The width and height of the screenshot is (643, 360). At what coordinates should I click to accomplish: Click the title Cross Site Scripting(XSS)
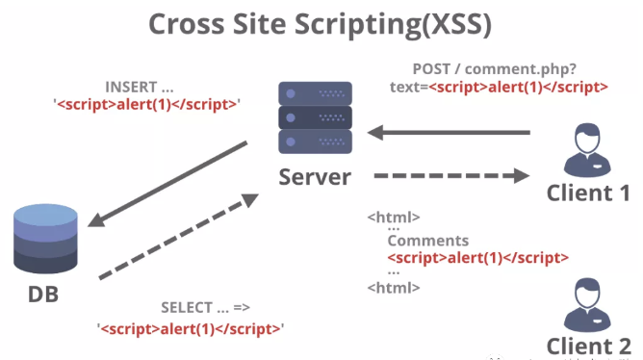tap(321, 27)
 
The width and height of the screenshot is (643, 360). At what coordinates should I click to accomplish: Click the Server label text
tap(314, 177)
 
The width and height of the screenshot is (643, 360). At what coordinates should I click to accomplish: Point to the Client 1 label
tap(588, 192)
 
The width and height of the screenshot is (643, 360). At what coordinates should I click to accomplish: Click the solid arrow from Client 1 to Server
tap(449, 131)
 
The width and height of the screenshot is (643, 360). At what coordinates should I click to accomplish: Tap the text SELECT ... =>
tap(204, 308)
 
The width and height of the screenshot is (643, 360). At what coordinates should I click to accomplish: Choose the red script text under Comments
tap(477, 257)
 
